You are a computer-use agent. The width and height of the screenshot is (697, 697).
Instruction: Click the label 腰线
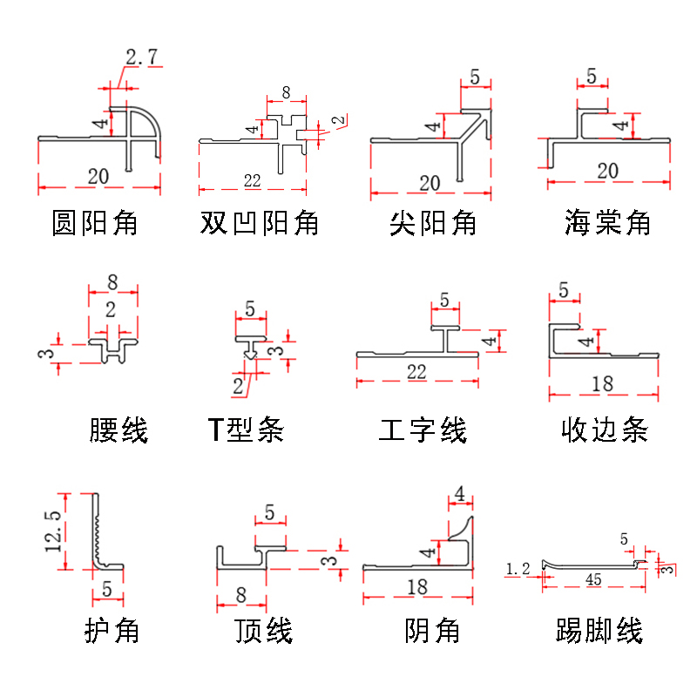(x=118, y=430)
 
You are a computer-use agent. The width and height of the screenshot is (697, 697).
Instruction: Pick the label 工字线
(x=423, y=430)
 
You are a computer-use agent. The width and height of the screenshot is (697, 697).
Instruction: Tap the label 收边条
(x=605, y=430)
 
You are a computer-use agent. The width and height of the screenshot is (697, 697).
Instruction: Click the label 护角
(x=112, y=630)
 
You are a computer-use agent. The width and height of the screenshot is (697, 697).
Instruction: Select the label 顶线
(x=263, y=630)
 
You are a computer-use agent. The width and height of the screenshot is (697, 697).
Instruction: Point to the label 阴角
(x=432, y=630)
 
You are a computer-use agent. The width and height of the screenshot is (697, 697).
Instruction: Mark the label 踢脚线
(x=599, y=630)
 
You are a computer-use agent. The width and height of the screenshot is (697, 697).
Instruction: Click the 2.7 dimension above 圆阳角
(x=141, y=58)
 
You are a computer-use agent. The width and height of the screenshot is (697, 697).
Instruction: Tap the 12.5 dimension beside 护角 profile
(x=53, y=531)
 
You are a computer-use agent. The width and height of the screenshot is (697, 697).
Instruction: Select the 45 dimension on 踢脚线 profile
(x=592, y=579)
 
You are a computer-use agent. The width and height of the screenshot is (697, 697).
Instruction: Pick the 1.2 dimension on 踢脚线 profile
(x=518, y=569)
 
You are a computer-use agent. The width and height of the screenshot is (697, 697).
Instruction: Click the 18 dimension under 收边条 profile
(x=601, y=383)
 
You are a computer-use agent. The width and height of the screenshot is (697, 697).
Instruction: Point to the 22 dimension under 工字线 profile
(x=416, y=372)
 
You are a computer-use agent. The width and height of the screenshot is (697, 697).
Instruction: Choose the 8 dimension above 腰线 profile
(x=112, y=282)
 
